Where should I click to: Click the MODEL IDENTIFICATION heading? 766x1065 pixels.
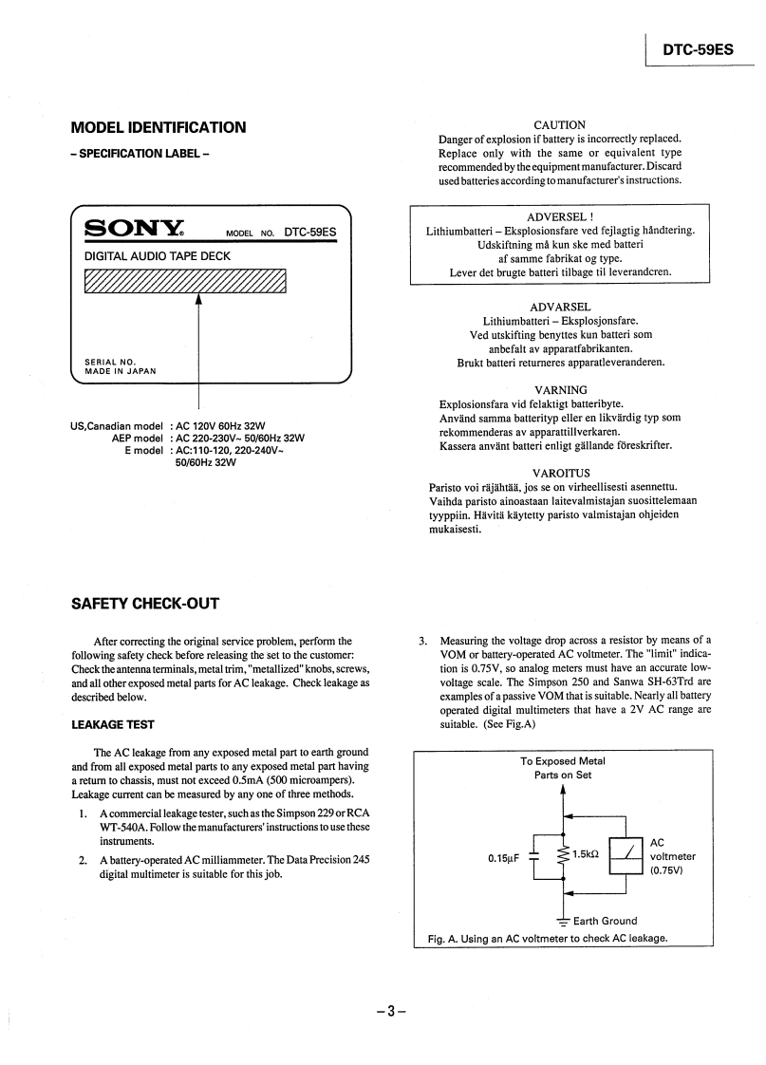(159, 127)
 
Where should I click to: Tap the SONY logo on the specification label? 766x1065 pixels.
(134, 228)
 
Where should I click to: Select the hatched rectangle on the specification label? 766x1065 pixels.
(185, 282)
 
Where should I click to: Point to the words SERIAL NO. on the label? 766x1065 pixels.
(110, 362)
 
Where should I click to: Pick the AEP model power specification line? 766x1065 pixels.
(209, 438)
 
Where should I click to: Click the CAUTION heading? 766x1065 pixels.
(560, 124)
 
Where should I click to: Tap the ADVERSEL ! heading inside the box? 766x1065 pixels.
(560, 216)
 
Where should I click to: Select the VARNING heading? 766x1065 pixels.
(561, 390)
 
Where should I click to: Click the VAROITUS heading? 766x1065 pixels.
(561, 473)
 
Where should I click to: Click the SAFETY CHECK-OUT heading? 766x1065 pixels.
(145, 604)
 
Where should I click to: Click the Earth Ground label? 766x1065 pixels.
(605, 920)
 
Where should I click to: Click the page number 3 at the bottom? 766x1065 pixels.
(389, 1011)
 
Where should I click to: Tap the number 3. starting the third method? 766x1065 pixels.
(423, 640)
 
